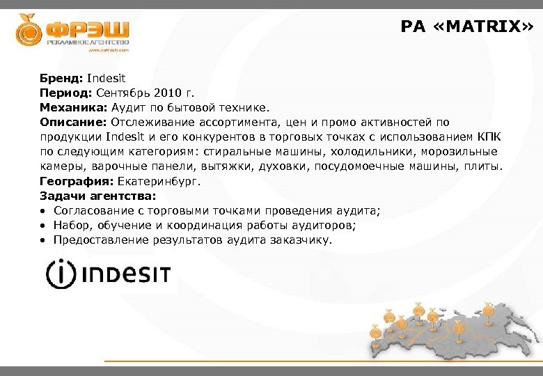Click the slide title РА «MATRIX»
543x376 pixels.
click(x=466, y=26)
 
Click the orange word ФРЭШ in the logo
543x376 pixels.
click(x=87, y=30)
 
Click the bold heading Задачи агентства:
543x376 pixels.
click(x=98, y=196)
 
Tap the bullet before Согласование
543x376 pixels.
click(x=43, y=211)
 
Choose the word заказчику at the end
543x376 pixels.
click(x=305, y=240)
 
